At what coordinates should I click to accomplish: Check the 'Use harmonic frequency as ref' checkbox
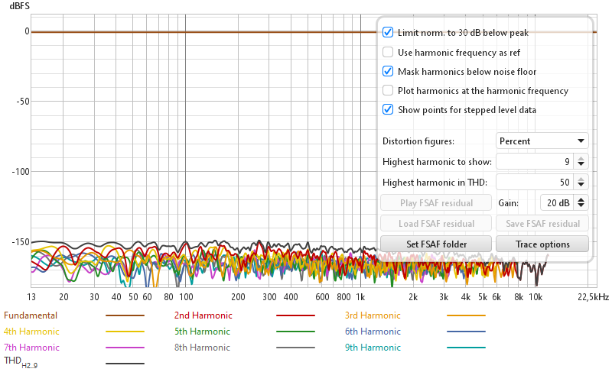(x=388, y=53)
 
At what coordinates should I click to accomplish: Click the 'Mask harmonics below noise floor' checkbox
(x=388, y=72)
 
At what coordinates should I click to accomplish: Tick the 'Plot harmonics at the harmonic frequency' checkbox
(x=388, y=91)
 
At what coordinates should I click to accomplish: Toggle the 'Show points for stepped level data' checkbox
(x=388, y=110)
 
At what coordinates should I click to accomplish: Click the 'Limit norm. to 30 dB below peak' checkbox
(x=388, y=33)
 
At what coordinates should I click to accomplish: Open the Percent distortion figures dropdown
(x=542, y=141)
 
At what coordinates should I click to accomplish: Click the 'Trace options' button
(x=542, y=244)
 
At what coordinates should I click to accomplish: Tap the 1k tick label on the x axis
(x=359, y=296)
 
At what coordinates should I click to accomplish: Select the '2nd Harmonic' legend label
(x=203, y=315)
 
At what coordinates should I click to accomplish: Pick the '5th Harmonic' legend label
(x=202, y=332)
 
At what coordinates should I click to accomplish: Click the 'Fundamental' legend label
(x=31, y=315)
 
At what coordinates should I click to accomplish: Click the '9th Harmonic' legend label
(x=373, y=348)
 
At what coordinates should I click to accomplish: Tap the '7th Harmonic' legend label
(x=31, y=348)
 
